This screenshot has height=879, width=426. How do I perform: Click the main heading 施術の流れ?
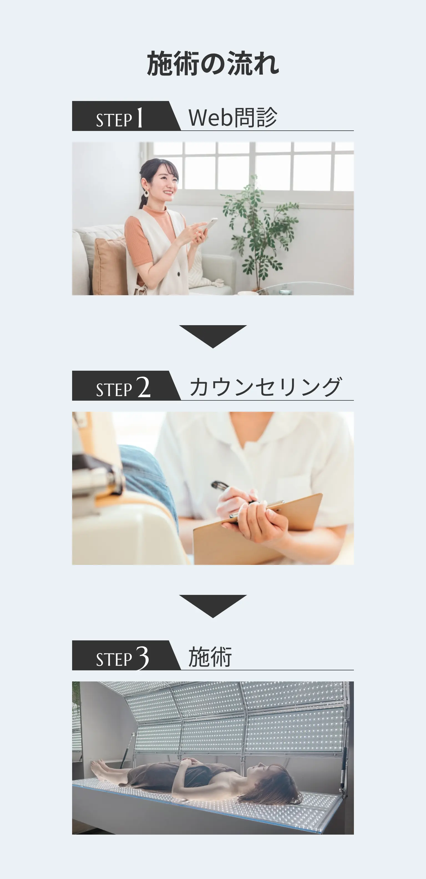point(213,64)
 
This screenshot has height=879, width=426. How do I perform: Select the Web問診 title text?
point(233,117)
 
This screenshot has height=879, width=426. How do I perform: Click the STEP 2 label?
point(123,388)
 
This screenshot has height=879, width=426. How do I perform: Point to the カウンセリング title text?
point(265,387)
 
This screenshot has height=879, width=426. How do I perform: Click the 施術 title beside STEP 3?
point(210,656)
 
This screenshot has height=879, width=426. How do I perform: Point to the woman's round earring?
point(146,193)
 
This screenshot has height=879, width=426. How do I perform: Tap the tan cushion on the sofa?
point(109,266)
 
